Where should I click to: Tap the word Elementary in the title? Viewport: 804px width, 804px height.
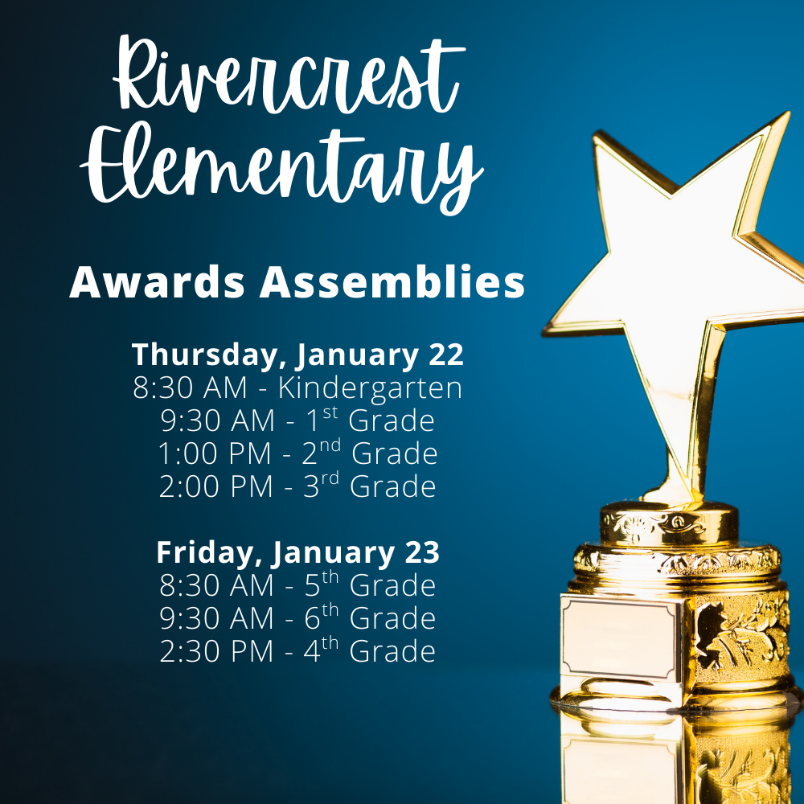[x=281, y=169]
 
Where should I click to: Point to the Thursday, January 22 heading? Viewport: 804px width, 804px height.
[x=297, y=355]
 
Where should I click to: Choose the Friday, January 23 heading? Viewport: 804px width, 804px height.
[x=297, y=552]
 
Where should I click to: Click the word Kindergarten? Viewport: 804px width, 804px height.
[x=370, y=388]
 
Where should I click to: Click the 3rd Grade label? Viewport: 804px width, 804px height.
[x=369, y=486]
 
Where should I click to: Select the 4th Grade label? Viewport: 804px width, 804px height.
[x=369, y=650]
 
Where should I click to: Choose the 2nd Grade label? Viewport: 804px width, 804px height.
[x=369, y=453]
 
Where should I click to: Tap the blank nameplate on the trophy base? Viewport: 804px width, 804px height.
[x=619, y=635]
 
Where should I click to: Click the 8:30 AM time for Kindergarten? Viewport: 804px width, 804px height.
[x=190, y=388]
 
